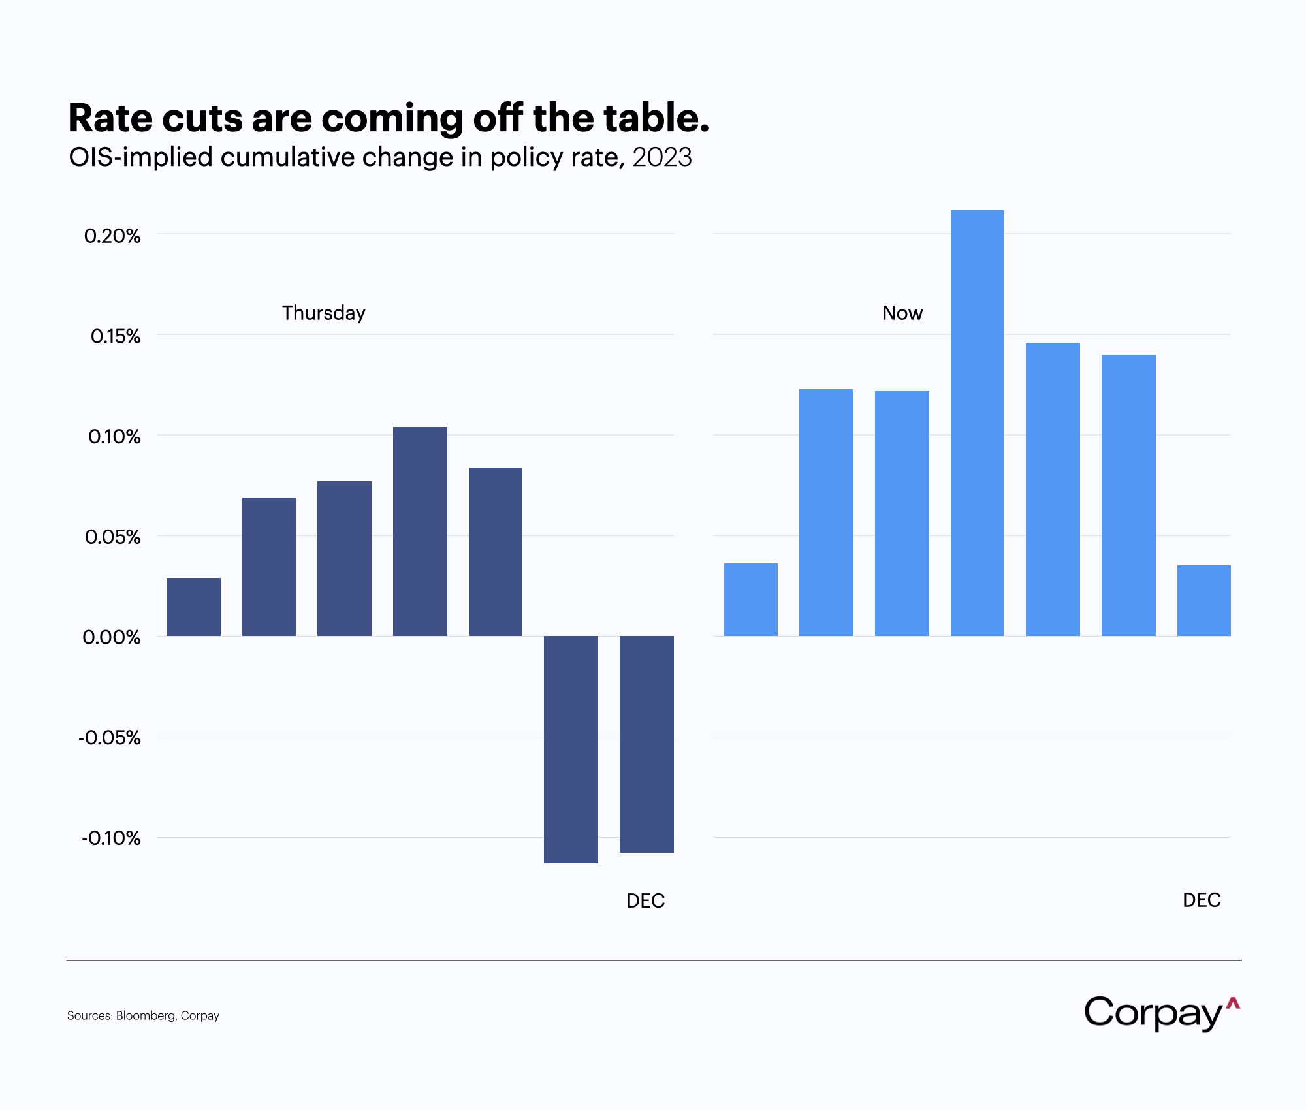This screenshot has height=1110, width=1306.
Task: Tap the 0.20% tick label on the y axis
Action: click(112, 236)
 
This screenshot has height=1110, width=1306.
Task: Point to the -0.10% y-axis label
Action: click(111, 838)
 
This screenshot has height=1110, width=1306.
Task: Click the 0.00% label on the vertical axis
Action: click(112, 637)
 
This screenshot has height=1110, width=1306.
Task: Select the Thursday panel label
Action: click(323, 313)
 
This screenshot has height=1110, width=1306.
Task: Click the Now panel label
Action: click(902, 313)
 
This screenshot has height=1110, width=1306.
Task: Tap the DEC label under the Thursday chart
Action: click(645, 901)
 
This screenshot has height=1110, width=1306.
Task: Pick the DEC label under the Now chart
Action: click(1201, 900)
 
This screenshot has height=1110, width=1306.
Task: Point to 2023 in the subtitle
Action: click(661, 157)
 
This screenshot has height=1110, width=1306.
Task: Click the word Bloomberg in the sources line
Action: click(145, 1016)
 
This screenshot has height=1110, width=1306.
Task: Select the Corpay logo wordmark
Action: click(1153, 1013)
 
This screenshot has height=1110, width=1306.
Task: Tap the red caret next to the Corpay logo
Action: click(1233, 1004)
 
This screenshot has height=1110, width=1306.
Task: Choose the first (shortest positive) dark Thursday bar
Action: click(193, 607)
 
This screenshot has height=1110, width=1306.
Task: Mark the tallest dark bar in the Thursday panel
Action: click(420, 531)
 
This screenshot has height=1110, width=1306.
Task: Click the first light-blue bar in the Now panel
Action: click(750, 599)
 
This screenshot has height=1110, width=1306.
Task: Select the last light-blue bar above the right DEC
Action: click(1203, 601)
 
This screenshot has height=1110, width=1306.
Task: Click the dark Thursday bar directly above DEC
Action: click(646, 744)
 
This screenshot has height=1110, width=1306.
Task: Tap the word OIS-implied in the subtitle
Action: click(140, 157)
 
